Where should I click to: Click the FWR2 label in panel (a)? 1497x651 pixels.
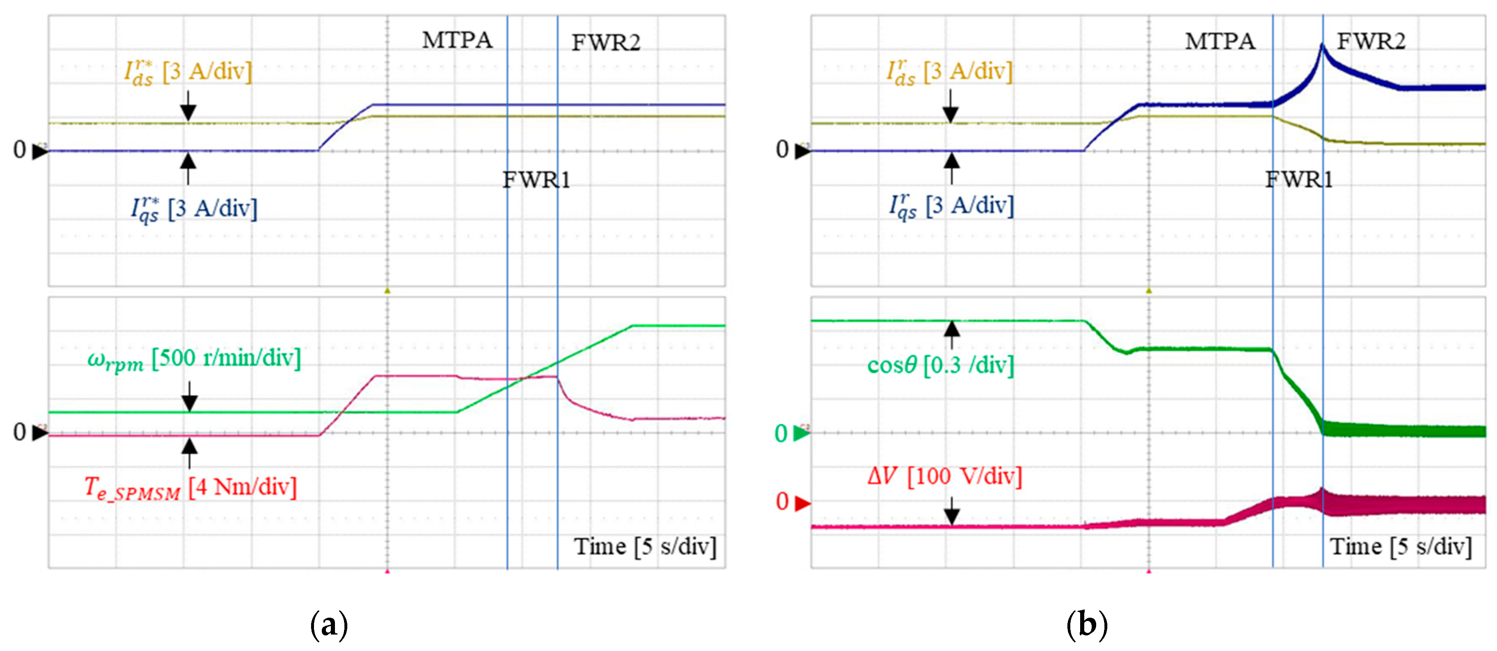click(x=606, y=43)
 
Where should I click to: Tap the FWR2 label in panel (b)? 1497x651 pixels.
click(x=1371, y=41)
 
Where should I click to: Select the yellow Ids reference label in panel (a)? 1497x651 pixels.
click(x=188, y=72)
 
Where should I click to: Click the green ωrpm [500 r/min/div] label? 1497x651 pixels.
click(x=193, y=359)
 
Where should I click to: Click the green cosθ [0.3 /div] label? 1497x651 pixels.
click(x=940, y=365)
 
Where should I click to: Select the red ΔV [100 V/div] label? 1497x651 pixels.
click(x=944, y=476)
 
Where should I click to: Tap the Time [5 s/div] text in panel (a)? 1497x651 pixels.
click(x=645, y=547)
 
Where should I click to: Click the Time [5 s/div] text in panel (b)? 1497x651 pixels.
click(x=1401, y=547)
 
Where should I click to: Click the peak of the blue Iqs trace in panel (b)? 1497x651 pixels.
click(x=1322, y=45)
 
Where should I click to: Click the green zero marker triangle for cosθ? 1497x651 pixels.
click(x=802, y=433)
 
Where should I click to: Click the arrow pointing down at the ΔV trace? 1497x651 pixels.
click(x=951, y=511)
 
